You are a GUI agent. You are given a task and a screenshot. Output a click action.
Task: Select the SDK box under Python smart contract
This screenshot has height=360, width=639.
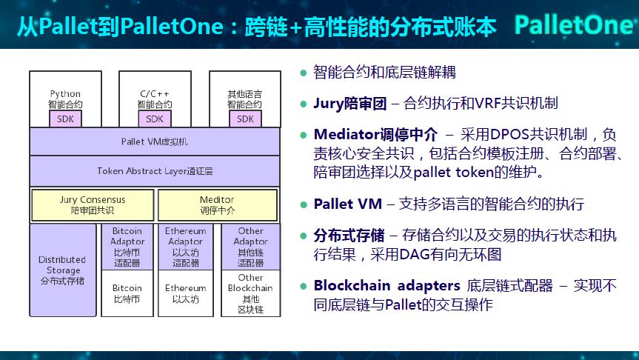click(x=65, y=119)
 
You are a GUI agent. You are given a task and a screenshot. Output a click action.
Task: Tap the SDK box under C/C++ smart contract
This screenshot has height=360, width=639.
click(x=155, y=119)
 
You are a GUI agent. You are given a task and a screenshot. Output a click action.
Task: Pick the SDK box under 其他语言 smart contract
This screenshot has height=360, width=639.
click(x=245, y=119)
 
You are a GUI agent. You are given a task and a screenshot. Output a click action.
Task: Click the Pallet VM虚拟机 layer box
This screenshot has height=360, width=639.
click(x=154, y=141)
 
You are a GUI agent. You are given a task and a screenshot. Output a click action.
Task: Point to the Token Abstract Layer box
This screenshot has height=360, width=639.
click(x=154, y=171)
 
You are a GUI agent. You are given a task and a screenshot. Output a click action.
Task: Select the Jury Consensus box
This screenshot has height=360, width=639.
click(x=93, y=204)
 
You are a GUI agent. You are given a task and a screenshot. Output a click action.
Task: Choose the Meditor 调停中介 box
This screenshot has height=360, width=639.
click(x=217, y=204)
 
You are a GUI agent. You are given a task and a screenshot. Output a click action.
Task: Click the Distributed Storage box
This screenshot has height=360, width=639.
click(x=62, y=270)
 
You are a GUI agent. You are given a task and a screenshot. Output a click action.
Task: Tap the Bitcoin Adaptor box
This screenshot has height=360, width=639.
click(x=127, y=247)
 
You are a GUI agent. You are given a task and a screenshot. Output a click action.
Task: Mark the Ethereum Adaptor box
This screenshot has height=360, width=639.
click(x=186, y=247)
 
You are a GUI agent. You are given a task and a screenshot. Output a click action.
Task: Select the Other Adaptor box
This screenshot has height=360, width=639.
click(x=250, y=247)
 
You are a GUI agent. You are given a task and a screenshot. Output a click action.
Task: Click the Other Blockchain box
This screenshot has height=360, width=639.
click(x=250, y=293)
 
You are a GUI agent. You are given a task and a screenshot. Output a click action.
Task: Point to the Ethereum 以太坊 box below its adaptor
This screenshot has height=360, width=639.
click(x=186, y=293)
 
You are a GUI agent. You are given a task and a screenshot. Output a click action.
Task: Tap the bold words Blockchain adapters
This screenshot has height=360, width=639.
click(x=385, y=285)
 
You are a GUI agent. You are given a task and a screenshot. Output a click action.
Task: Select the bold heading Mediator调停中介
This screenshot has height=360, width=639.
click(x=375, y=135)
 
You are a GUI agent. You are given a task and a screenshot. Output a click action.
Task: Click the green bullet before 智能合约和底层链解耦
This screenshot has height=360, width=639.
click(x=304, y=73)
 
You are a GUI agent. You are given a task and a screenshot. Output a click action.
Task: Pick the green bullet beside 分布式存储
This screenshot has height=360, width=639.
click(x=304, y=236)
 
